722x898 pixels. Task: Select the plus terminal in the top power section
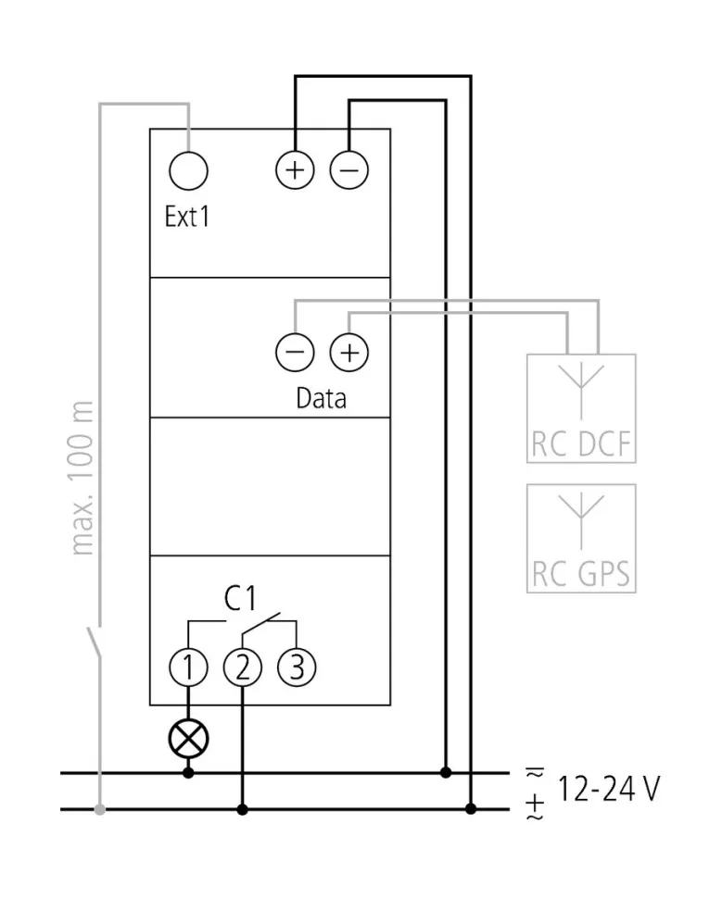click(x=296, y=170)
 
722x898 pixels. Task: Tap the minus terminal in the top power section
click(x=349, y=170)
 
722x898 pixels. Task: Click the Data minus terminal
click(x=295, y=353)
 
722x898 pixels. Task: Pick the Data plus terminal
click(x=348, y=353)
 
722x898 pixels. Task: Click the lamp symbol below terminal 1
click(x=188, y=738)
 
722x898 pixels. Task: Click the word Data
click(x=321, y=398)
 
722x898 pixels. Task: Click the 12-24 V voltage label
click(x=608, y=790)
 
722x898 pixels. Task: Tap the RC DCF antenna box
click(x=581, y=408)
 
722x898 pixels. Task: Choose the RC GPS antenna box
click(x=581, y=538)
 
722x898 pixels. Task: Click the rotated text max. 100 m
click(x=83, y=478)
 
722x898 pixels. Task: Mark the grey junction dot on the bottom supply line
click(x=100, y=810)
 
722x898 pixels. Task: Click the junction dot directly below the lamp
click(x=188, y=772)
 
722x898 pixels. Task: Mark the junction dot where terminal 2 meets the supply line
click(x=243, y=810)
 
